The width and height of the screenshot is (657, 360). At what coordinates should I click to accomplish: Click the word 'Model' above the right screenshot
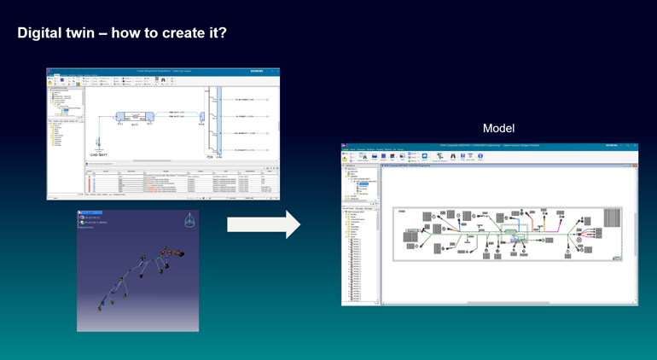tap(498, 128)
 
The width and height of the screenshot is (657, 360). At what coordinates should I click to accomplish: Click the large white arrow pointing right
tap(264, 225)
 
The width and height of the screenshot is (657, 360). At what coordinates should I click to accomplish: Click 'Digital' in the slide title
tap(40, 33)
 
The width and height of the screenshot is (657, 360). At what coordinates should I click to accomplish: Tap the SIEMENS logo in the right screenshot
tap(614, 146)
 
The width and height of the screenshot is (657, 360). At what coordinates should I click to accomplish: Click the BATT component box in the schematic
tap(132, 117)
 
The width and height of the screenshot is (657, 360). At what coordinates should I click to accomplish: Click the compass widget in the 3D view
tap(189, 221)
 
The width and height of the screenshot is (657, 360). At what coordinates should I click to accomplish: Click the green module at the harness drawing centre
tap(510, 230)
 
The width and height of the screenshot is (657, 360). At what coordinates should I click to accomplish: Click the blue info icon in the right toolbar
tap(480, 156)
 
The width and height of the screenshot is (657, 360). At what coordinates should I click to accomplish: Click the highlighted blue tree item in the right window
tap(364, 183)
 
